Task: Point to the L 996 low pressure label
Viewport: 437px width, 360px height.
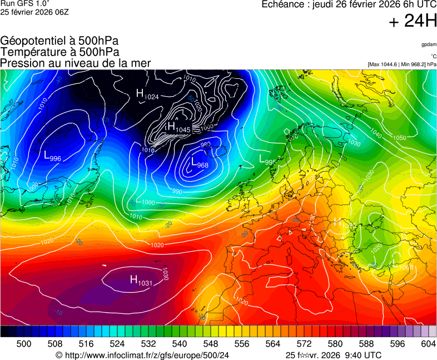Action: (x=52, y=157)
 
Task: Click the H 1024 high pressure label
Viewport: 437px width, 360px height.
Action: (x=148, y=94)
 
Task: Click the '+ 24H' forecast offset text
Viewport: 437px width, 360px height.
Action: (x=413, y=22)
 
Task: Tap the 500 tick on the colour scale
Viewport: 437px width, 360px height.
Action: (x=24, y=344)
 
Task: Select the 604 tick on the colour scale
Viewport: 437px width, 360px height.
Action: (x=428, y=344)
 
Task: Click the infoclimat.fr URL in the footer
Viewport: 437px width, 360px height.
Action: (x=147, y=355)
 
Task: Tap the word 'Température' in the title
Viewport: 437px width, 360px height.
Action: (x=31, y=52)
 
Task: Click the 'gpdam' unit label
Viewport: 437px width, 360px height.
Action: (x=429, y=44)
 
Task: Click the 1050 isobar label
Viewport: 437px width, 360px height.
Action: (x=399, y=137)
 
